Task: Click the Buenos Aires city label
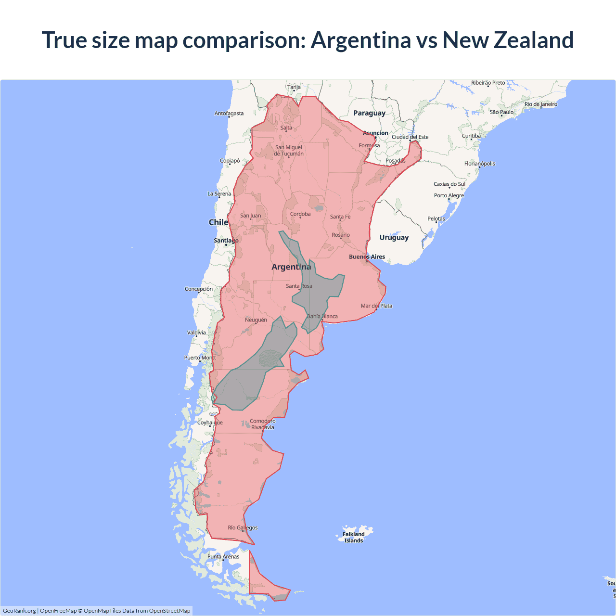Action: (367, 257)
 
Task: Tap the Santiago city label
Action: (226, 240)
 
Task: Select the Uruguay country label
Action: (394, 237)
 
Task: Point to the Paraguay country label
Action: (369, 113)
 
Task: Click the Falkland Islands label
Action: (354, 537)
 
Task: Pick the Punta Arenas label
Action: (223, 556)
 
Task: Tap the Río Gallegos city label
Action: (243, 527)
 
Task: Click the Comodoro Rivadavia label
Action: (262, 424)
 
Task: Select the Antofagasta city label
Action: (229, 114)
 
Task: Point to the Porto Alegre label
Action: (449, 195)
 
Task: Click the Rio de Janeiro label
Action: (541, 104)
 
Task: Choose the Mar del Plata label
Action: (376, 306)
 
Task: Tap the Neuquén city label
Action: (256, 320)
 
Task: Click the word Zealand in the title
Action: (534, 40)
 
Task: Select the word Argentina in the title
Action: (361, 40)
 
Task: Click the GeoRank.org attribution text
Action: (19, 611)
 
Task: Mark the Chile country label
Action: (218, 222)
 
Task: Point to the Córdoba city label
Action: (300, 214)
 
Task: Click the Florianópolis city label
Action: (479, 164)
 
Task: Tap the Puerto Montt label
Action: (200, 358)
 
